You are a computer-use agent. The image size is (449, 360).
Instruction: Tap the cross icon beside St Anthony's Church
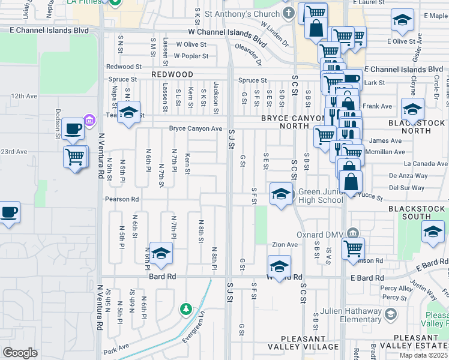tap(288, 13)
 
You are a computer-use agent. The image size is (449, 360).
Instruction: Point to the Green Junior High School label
tap(321, 196)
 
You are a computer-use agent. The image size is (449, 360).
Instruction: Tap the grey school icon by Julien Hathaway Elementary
tap(391, 314)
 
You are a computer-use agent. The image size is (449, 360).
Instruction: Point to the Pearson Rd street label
tap(122, 199)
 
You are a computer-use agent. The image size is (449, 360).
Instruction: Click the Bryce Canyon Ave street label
tap(196, 128)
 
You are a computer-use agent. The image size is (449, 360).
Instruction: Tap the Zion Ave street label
tap(285, 244)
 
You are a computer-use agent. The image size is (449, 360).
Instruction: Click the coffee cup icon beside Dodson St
tap(73, 128)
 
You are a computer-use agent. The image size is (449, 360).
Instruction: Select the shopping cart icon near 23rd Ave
tap(75, 157)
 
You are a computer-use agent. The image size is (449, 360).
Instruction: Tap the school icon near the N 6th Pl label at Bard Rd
tap(160, 254)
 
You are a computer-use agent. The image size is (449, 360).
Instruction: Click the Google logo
tap(20, 353)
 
